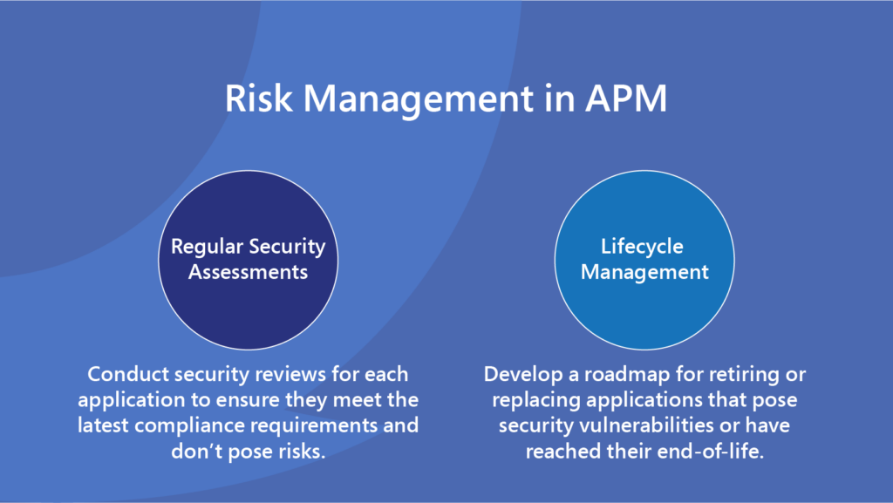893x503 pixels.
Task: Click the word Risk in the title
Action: [x=259, y=98]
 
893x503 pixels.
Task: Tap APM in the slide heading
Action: [x=626, y=98]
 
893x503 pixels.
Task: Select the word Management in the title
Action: [x=418, y=100]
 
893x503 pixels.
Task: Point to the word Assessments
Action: [x=249, y=272]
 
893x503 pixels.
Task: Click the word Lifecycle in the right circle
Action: [x=642, y=247]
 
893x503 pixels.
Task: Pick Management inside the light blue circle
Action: [x=644, y=273]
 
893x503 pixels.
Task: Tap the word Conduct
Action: [x=128, y=374]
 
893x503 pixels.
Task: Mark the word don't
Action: [x=194, y=452]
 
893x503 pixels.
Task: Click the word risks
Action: [x=302, y=452]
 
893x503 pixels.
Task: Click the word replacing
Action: [x=536, y=401]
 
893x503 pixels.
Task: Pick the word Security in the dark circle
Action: [x=287, y=247]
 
